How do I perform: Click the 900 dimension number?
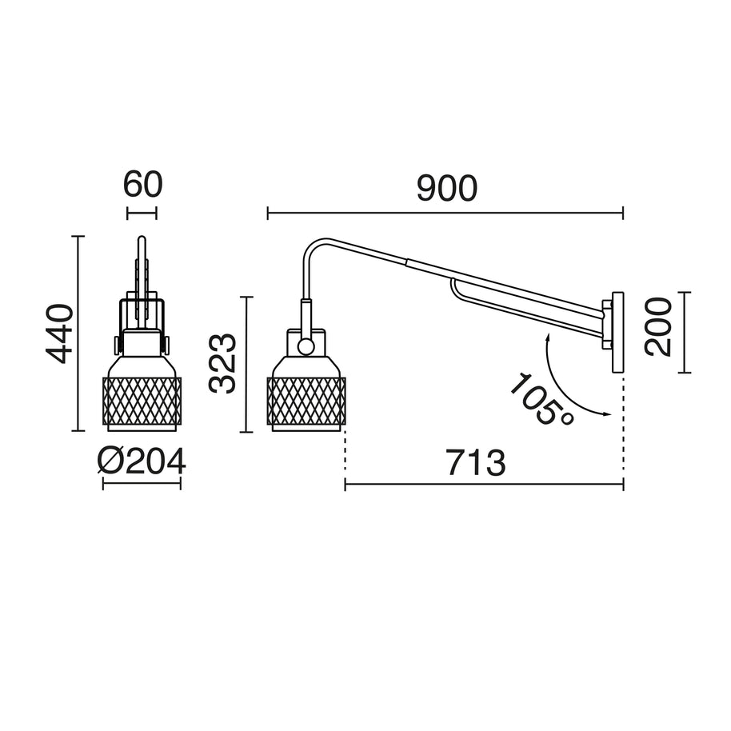click(x=446, y=188)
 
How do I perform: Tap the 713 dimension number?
click(x=476, y=462)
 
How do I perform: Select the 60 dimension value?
click(x=142, y=184)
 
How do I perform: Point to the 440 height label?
click(x=59, y=334)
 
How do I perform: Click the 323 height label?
click(x=223, y=364)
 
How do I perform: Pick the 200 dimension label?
click(x=657, y=327)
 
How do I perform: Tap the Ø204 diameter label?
click(x=142, y=461)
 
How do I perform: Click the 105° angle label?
click(x=541, y=399)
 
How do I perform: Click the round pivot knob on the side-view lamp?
click(x=306, y=346)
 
